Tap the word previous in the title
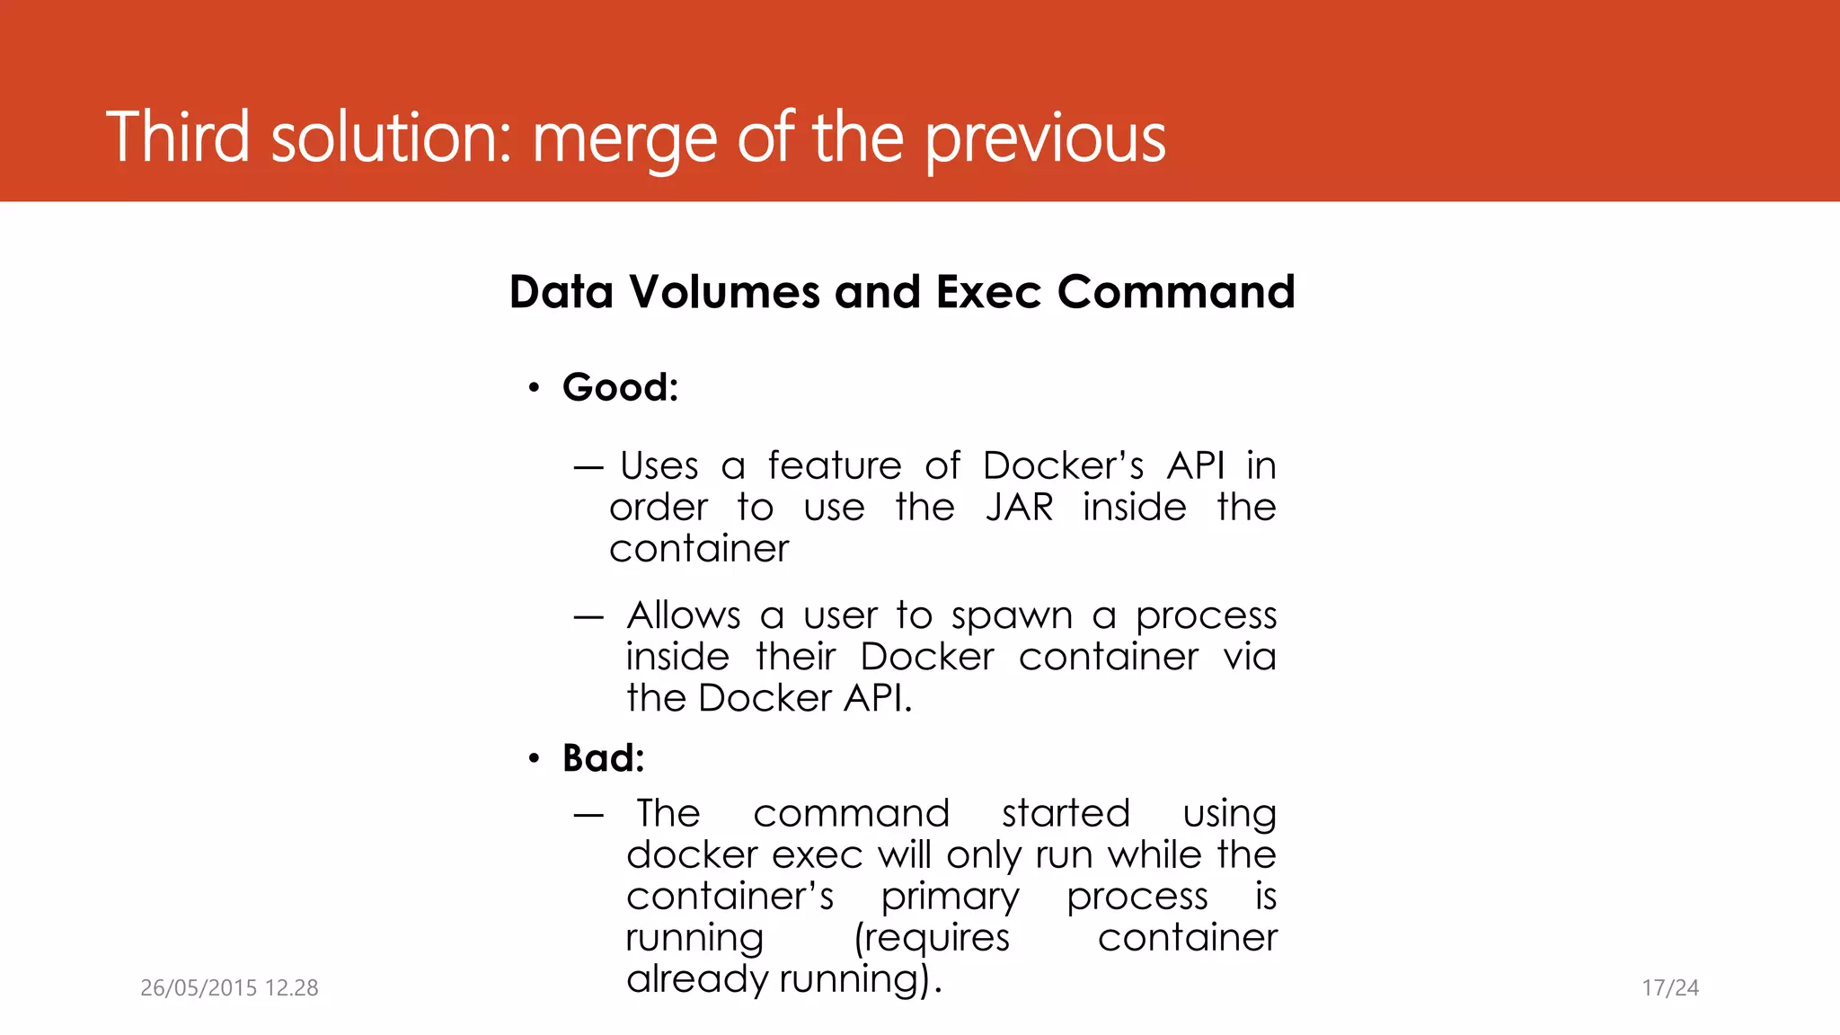pos(1045,139)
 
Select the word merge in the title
pos(624,139)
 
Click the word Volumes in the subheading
pos(724,292)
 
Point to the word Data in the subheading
pos(561,292)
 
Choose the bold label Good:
pos(620,387)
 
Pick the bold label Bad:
pos(603,758)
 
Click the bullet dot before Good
pos(534,388)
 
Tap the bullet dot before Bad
pos(534,759)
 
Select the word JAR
pos(1019,508)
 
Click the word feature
pos(834,466)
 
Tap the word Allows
pos(684,616)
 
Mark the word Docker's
pos(1063,466)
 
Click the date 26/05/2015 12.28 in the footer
pos(229,988)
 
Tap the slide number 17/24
pos(1670,988)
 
